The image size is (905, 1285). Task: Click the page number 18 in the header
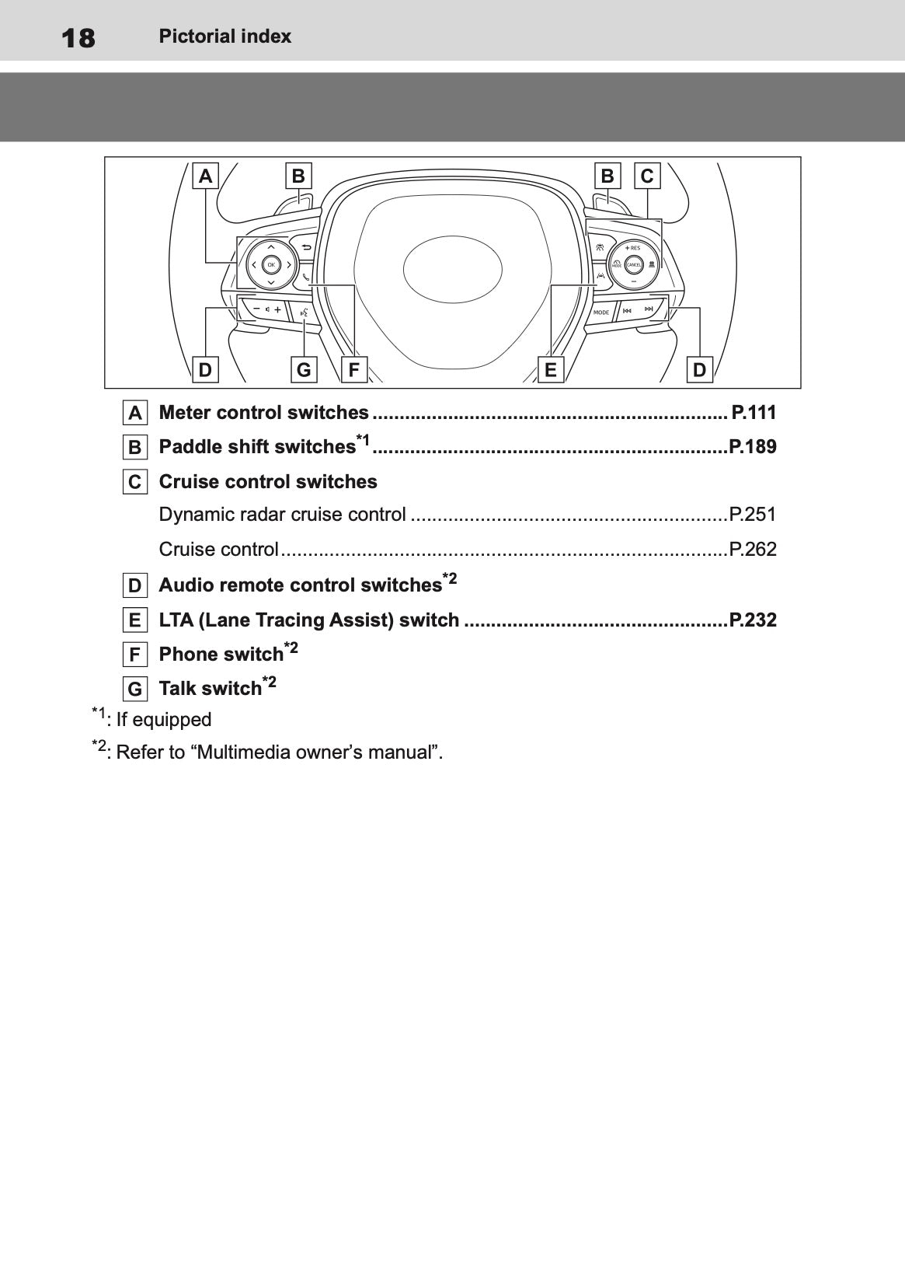tap(78, 37)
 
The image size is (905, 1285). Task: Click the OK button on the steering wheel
tap(270, 265)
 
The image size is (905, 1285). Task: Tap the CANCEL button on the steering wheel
tap(633, 265)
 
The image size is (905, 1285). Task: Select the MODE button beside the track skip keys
tap(601, 312)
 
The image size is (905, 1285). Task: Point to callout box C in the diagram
tap(647, 176)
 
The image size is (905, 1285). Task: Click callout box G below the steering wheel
tap(304, 370)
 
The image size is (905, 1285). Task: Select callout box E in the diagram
tap(551, 370)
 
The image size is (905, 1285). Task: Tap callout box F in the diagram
tap(353, 370)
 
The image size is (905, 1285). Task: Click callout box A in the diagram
tap(205, 176)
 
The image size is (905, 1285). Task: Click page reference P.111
tap(753, 413)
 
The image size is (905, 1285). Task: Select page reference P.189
tap(752, 447)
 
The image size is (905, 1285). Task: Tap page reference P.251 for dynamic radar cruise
tap(752, 515)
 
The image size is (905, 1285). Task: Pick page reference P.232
tap(752, 620)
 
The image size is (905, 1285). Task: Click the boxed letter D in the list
tap(135, 585)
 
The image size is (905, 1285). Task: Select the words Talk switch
tap(210, 689)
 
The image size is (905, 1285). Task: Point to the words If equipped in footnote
tap(163, 720)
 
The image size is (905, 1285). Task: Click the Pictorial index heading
tap(225, 37)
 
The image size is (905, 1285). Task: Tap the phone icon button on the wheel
tap(306, 276)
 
